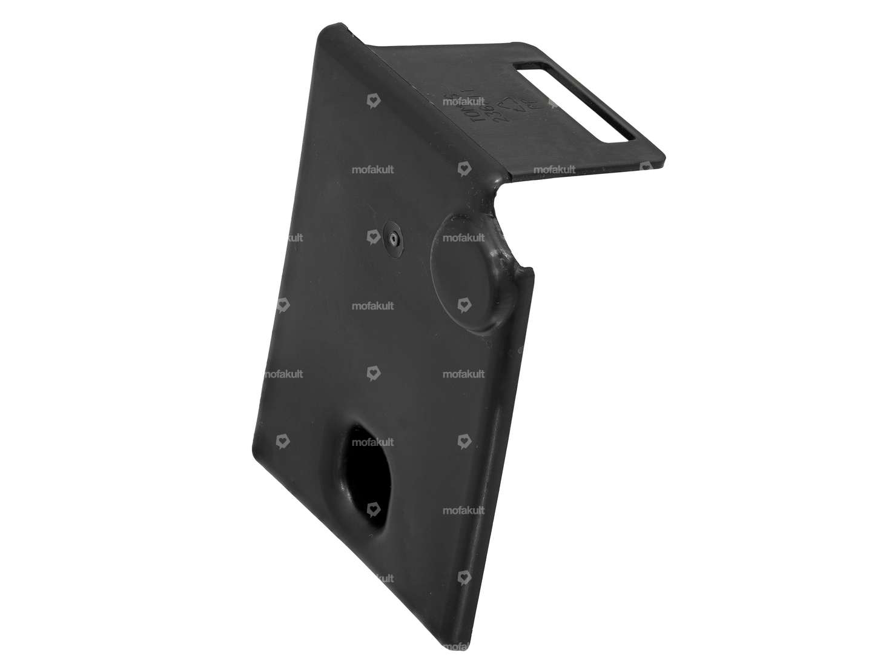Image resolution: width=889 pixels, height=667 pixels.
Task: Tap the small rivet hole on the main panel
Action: (x=394, y=238)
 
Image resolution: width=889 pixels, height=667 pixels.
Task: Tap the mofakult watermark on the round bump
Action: (x=463, y=238)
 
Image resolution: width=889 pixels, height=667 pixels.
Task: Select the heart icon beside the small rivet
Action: (x=373, y=238)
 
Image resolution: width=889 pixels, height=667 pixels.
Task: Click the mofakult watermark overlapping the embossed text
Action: (x=463, y=102)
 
